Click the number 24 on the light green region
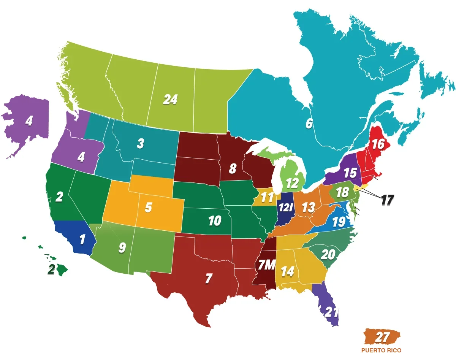[x=170, y=100]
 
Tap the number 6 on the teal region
[x=309, y=124]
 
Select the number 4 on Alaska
[x=29, y=121]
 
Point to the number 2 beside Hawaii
[x=51, y=269]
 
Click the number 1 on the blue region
[x=82, y=239]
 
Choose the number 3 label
[x=141, y=144]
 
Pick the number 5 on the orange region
[x=149, y=208]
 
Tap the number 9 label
[x=122, y=247]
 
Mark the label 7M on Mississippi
[x=266, y=265]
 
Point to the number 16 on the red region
[x=378, y=144]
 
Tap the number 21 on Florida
[x=331, y=312]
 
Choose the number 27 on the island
[x=382, y=337]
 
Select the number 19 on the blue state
[x=339, y=222]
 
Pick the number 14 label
[x=287, y=271]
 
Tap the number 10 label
[x=215, y=220]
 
